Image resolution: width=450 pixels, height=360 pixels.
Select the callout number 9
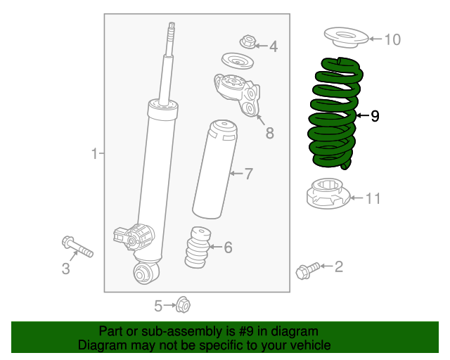pyautogui.click(x=375, y=115)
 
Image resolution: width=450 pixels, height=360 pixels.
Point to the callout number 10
pyautogui.click(x=392, y=39)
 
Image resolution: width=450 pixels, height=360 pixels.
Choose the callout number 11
pyautogui.click(x=372, y=199)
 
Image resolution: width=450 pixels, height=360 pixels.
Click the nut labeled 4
pyautogui.click(x=247, y=42)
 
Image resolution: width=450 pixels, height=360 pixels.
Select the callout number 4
pyautogui.click(x=273, y=47)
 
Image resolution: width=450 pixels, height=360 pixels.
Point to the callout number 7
pyautogui.click(x=247, y=173)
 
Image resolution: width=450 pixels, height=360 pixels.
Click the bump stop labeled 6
pyautogui.click(x=197, y=247)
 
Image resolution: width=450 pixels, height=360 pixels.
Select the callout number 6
pyautogui.click(x=227, y=247)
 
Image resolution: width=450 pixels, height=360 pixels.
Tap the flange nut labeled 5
pyautogui.click(x=183, y=304)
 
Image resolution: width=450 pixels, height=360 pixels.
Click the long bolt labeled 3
pyautogui.click(x=77, y=247)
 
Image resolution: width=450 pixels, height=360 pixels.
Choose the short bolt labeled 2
pyautogui.click(x=307, y=269)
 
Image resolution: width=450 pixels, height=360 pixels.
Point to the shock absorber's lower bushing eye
pyautogui.click(x=146, y=273)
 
